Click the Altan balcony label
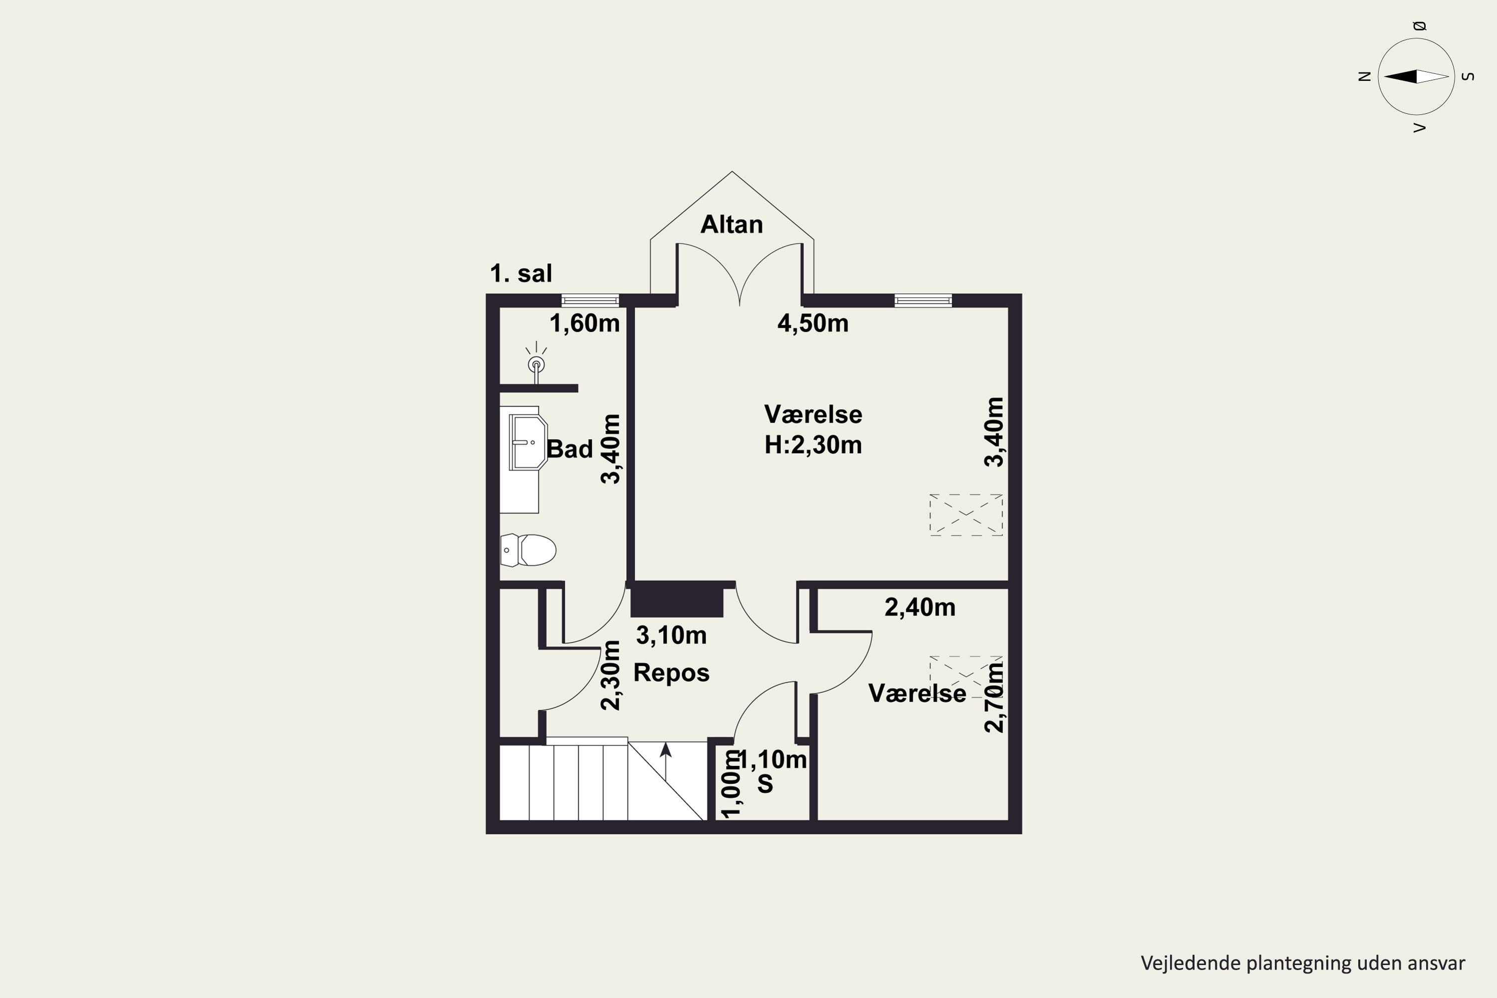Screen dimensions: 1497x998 pyautogui.click(x=732, y=225)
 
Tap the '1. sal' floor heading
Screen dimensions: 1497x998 pyautogui.click(x=520, y=273)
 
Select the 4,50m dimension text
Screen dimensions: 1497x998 pyautogui.click(x=813, y=324)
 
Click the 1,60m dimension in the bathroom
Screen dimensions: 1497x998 pyautogui.click(x=584, y=324)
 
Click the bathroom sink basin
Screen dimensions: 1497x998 pyautogui.click(x=528, y=442)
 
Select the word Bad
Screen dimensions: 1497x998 pyautogui.click(x=570, y=450)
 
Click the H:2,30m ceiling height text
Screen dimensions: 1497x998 pyautogui.click(x=813, y=445)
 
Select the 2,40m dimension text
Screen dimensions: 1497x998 pyautogui.click(x=920, y=608)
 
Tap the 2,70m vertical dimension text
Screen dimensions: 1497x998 pyautogui.click(x=994, y=697)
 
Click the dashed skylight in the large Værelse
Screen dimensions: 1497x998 pyautogui.click(x=966, y=514)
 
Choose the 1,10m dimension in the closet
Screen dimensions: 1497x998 pyautogui.click(x=772, y=760)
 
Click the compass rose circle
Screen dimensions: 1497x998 pyautogui.click(x=1416, y=76)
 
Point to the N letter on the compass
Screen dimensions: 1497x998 pyautogui.click(x=1364, y=76)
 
